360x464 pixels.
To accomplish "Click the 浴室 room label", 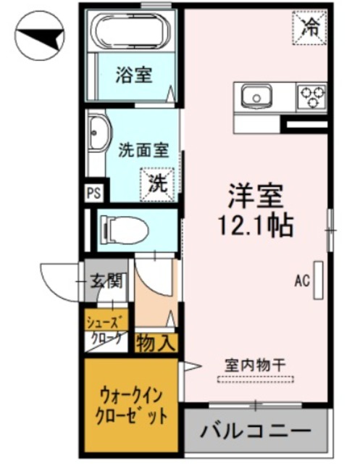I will tap(134, 75).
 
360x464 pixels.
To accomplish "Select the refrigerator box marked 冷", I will tap(310, 28).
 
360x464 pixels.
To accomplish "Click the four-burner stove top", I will tap(312, 96).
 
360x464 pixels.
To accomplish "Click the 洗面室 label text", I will tap(143, 151).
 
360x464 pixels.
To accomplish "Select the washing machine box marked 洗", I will tap(157, 183).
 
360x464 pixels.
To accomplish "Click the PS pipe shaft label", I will tap(93, 193).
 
